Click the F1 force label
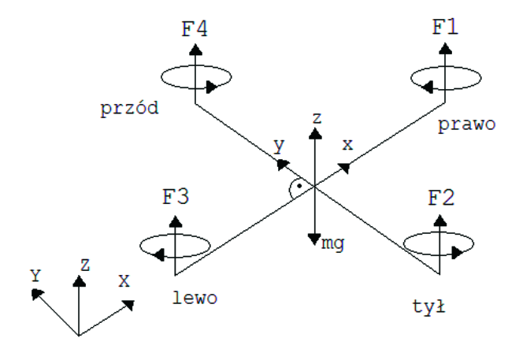tap(446, 27)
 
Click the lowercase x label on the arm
tap(348, 145)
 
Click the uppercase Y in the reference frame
tap(35, 275)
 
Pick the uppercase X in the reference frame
tap(124, 280)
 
